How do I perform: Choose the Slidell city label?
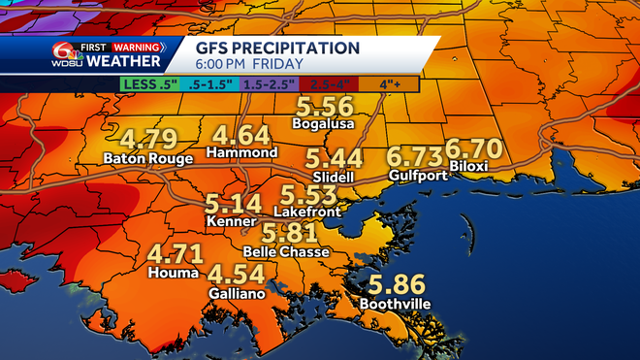330,180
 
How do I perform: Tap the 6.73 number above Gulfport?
414,156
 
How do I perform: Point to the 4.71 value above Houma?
176,255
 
